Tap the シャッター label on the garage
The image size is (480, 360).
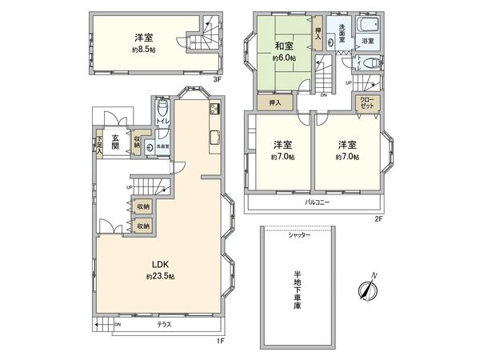tap(300, 234)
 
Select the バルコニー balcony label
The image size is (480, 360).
tap(318, 202)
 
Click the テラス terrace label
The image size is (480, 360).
tap(164, 325)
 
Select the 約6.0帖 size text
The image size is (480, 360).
tap(284, 58)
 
